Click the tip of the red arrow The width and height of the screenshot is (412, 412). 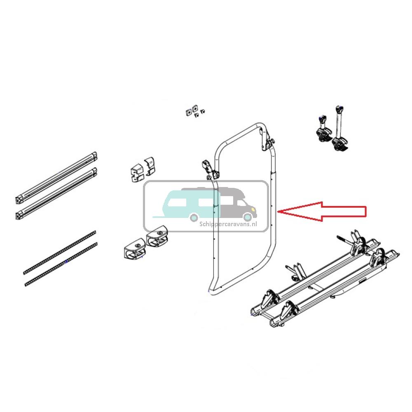point(280,211)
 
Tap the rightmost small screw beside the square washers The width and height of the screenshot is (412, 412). point(204,111)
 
